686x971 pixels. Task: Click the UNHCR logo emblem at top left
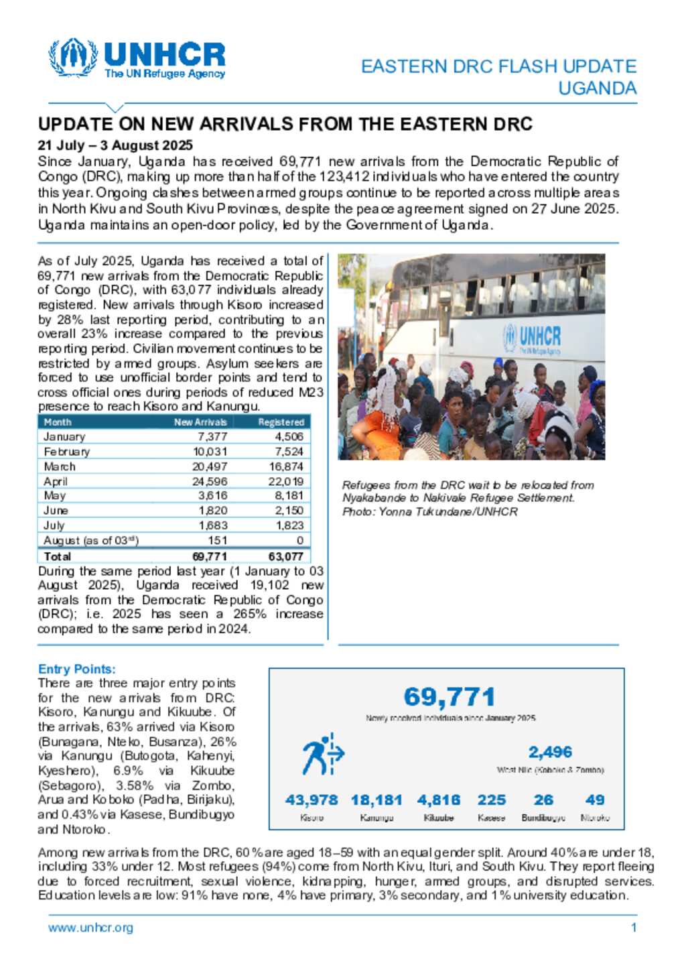click(74, 58)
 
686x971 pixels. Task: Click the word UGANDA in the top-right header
click(597, 88)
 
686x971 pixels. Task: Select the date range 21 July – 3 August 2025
click(115, 145)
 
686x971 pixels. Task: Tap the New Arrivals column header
click(200, 422)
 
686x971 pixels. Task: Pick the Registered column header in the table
click(281, 422)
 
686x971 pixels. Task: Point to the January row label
click(64, 437)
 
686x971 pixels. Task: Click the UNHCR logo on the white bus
click(533, 338)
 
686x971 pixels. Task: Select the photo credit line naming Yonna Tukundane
click(429, 512)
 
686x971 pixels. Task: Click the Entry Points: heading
click(77, 669)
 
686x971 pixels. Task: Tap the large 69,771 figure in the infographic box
click(450, 697)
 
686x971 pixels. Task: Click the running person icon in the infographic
click(322, 755)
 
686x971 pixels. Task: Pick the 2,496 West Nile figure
click(550, 753)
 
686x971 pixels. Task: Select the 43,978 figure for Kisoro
click(312, 800)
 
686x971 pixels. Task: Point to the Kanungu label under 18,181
click(376, 818)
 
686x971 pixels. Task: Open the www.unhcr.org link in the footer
click(90, 928)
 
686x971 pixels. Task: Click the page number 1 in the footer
click(634, 928)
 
